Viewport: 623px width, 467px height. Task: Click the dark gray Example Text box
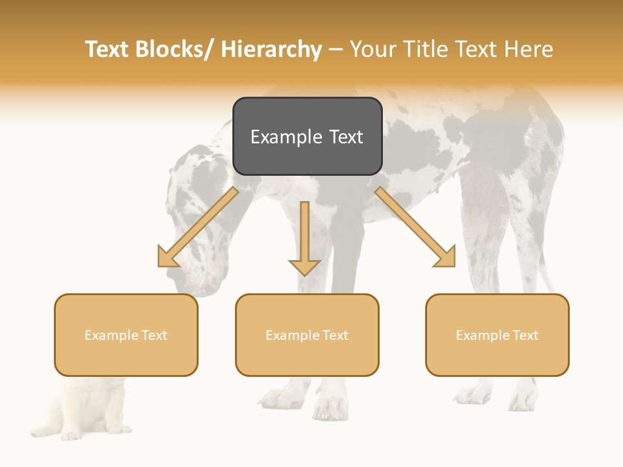coord(307,136)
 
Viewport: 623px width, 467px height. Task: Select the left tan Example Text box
coord(126,335)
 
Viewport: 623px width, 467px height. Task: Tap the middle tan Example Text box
coord(307,335)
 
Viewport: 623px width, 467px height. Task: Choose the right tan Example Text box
coord(497,335)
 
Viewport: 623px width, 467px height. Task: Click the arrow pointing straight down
coord(304,237)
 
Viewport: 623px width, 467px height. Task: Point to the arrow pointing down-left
coord(198,227)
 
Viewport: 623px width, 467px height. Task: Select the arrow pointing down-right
coord(415,227)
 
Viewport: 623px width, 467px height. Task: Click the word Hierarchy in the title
coord(271,49)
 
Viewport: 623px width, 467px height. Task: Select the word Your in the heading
coord(374,49)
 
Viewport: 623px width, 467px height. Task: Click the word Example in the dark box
coord(278,137)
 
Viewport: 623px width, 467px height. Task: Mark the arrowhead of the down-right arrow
coord(446,257)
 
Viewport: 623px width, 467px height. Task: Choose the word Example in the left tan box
coord(108,335)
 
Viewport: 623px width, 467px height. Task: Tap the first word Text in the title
coord(108,49)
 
